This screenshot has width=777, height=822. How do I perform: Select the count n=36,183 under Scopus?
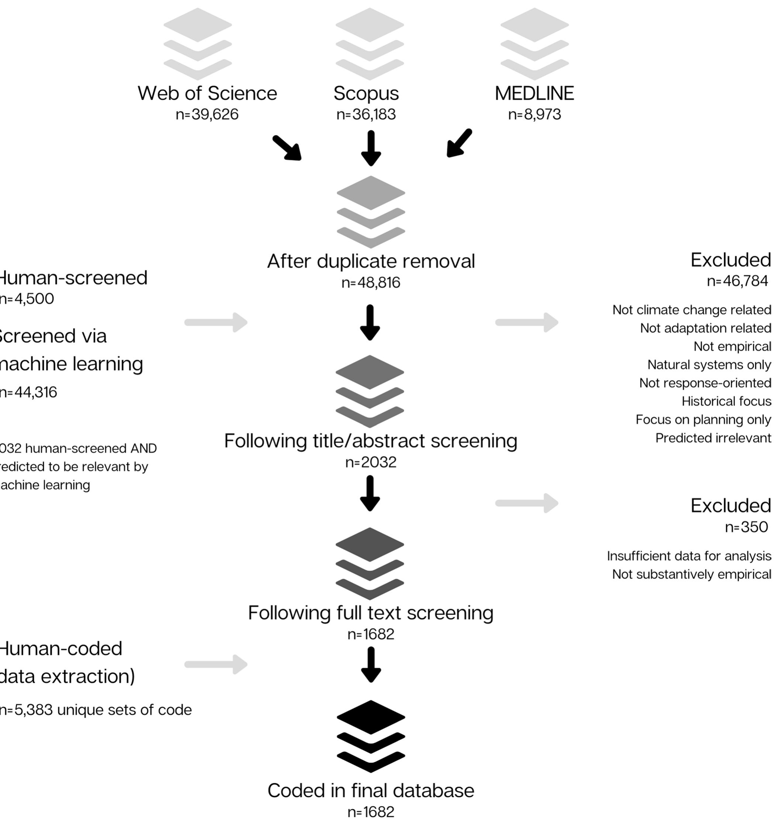pyautogui.click(x=366, y=114)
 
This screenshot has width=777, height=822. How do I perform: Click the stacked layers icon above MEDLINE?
pyautogui.click(x=534, y=44)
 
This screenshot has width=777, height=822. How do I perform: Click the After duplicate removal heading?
pyautogui.click(x=371, y=261)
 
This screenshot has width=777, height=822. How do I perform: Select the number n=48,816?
pyautogui.click(x=371, y=283)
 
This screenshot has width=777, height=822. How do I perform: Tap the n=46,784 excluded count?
pyautogui.click(x=737, y=281)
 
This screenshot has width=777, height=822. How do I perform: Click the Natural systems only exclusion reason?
pyautogui.click(x=709, y=365)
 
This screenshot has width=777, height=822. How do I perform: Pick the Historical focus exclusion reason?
pyautogui.click(x=726, y=401)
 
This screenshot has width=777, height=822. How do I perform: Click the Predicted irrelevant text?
pyautogui.click(x=713, y=438)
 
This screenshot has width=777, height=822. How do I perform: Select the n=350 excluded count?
pyautogui.click(x=746, y=527)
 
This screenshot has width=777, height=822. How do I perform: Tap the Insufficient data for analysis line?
pyautogui.click(x=689, y=556)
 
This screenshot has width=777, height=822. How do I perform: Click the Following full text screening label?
pyautogui.click(x=371, y=613)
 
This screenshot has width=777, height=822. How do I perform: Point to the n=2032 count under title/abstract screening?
pyautogui.click(x=371, y=462)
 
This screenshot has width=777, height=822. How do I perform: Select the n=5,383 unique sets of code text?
pyautogui.click(x=95, y=710)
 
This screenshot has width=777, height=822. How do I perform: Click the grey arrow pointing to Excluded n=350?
pyautogui.click(x=526, y=503)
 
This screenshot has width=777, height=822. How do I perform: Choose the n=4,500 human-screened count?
pyautogui.click(x=27, y=299)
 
